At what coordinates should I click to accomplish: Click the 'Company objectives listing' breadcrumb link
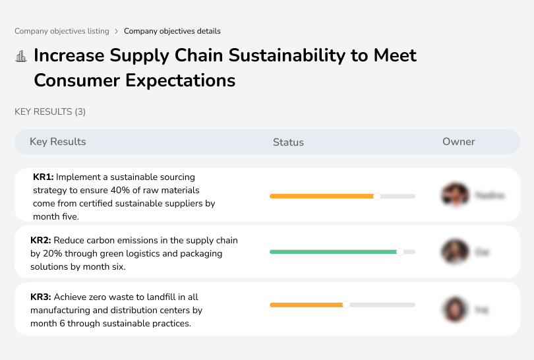62,31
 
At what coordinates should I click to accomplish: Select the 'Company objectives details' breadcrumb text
172,31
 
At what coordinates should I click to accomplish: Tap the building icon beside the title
21,56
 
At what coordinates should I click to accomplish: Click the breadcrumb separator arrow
117,31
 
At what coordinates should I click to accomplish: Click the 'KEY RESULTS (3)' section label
50,112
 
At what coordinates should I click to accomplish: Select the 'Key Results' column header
57,142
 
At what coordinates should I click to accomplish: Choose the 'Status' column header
288,142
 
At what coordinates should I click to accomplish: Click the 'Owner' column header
459,142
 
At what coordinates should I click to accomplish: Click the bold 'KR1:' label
44,177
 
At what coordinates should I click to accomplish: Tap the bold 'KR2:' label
41,241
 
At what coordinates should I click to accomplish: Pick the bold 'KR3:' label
41,297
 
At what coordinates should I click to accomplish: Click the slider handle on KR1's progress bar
377,196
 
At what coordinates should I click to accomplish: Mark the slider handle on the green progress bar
400,252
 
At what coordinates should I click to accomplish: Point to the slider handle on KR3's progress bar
346,305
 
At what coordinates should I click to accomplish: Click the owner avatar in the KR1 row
455,195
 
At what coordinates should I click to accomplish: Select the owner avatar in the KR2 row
455,252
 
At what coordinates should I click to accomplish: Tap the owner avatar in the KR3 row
455,309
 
